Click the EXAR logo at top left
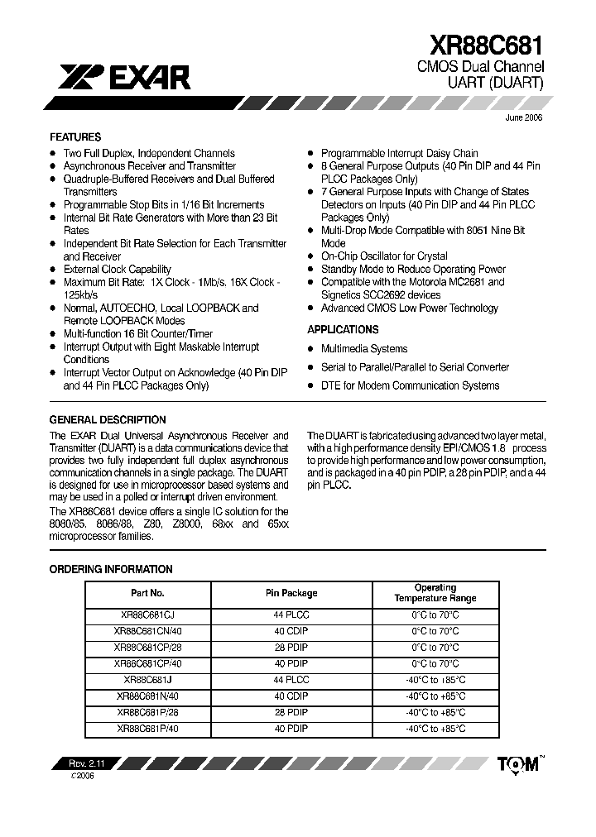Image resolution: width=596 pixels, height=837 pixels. click(x=124, y=78)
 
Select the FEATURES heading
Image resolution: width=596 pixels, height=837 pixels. click(x=75, y=137)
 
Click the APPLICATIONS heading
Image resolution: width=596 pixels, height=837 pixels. click(x=342, y=329)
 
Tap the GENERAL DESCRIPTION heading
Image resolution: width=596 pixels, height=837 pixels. click(x=108, y=420)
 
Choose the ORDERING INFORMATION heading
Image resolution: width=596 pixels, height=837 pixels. click(x=111, y=569)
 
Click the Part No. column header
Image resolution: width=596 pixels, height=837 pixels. click(x=148, y=593)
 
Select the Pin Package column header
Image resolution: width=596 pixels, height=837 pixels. click(x=291, y=593)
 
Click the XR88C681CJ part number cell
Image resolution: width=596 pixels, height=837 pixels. click(x=148, y=615)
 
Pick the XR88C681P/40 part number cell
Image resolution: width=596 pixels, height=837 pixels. click(x=148, y=729)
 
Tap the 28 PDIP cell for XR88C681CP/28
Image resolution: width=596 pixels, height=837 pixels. click(x=291, y=648)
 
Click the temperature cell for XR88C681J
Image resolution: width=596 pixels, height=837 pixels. click(x=435, y=680)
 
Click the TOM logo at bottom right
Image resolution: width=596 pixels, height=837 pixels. click(x=517, y=765)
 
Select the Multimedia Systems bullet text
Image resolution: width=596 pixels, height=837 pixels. click(x=364, y=349)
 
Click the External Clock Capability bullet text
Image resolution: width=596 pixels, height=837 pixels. click(x=118, y=270)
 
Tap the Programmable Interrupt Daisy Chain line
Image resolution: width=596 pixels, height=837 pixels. click(x=400, y=153)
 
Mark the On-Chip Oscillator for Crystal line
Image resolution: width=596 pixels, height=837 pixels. click(x=384, y=256)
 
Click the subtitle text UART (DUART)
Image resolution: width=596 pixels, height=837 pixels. click(x=496, y=83)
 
